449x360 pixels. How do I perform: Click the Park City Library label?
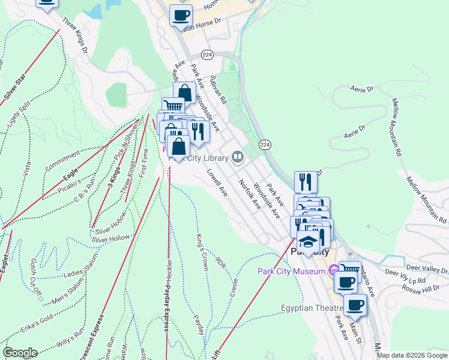click(199, 158)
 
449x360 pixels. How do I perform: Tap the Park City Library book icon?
click(238, 158)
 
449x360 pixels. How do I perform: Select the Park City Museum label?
click(292, 271)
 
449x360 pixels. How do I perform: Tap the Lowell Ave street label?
click(217, 183)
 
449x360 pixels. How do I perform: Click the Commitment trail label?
click(62, 160)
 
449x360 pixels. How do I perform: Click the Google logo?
click(19, 352)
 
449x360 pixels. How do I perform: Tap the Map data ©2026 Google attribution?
click(412, 355)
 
